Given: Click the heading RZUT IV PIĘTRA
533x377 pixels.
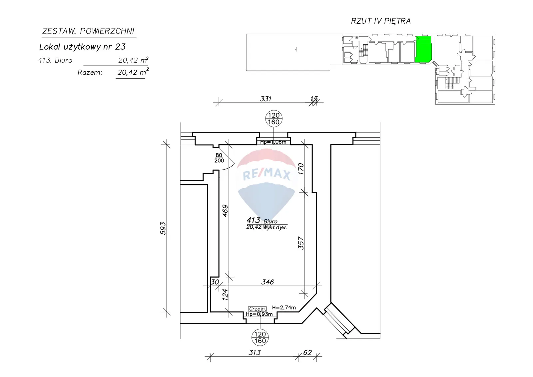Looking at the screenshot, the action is pos(381,21).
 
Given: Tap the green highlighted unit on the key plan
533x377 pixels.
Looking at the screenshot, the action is pos(423,49).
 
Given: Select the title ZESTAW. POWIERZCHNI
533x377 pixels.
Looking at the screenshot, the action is pos(88,31).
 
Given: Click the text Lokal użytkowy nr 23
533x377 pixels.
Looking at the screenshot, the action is pos(82,47).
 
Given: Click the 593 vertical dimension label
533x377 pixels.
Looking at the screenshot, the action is pos(163,228).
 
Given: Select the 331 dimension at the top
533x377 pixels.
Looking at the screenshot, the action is pos(266,99).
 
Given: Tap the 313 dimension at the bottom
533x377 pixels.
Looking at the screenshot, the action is pos(255,352).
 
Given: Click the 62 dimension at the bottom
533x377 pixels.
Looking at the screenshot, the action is pos(307,352).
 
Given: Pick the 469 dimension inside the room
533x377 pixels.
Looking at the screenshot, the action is pos(225,211).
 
